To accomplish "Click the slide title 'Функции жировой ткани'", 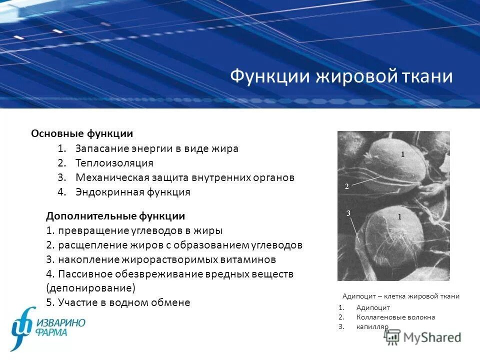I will (341, 77).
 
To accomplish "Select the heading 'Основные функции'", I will (82, 133).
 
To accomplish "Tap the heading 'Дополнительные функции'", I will (115, 216).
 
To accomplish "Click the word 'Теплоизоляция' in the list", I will (114, 163).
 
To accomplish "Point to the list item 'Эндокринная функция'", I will (132, 192).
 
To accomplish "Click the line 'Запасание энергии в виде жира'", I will (156, 148).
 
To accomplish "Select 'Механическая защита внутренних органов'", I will (185, 177).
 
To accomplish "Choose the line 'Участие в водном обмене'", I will (123, 302).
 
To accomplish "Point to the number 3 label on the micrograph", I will (348, 213).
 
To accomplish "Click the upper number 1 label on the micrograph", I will (402, 155).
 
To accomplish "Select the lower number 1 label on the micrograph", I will (399, 216).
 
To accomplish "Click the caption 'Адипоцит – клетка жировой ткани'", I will (400, 296).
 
